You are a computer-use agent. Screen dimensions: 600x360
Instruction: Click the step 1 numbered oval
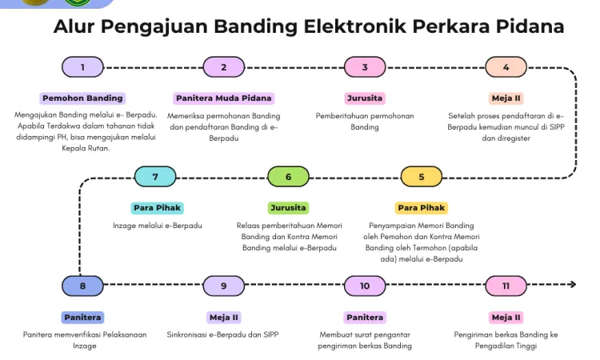pyautogui.click(x=82, y=67)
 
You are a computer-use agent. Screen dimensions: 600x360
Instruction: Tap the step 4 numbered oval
pyautogui.click(x=506, y=67)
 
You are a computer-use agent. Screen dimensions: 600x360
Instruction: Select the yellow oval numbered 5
pyautogui.click(x=422, y=177)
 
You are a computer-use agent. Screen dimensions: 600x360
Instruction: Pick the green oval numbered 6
pyautogui.click(x=288, y=177)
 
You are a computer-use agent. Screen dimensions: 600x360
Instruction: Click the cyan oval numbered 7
pyautogui.click(x=155, y=177)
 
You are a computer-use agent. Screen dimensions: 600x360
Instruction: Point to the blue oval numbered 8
pyautogui.click(x=82, y=286)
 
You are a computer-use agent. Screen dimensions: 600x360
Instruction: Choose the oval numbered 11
pyautogui.click(x=506, y=286)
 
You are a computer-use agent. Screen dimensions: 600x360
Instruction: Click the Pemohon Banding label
pyautogui.click(x=82, y=98)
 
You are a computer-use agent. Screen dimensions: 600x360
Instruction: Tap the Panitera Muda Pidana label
pyautogui.click(x=224, y=98)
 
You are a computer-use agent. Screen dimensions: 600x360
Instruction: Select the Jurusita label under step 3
pyautogui.click(x=365, y=98)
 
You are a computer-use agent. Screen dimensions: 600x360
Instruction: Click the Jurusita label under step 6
pyautogui.click(x=288, y=208)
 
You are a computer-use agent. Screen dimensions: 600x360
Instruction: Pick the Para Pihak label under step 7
pyautogui.click(x=157, y=208)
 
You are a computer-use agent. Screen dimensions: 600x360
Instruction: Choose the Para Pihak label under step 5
pyautogui.click(x=422, y=208)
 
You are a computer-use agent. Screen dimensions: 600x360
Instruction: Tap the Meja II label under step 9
pyautogui.click(x=224, y=318)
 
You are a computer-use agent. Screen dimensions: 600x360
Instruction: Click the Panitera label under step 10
pyautogui.click(x=365, y=318)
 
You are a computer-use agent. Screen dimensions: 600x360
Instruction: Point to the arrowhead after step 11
pyautogui.click(x=573, y=284)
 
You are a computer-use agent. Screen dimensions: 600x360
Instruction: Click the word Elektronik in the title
pyautogui.click(x=354, y=26)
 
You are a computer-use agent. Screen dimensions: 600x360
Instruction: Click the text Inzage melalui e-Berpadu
pyautogui.click(x=158, y=226)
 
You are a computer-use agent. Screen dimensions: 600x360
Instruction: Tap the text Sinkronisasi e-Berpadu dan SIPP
pyautogui.click(x=222, y=334)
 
